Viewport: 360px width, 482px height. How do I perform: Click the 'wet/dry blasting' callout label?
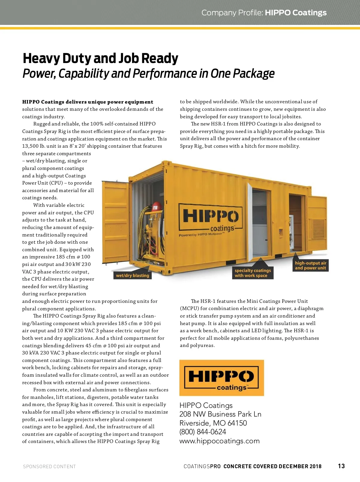(x=132, y=276)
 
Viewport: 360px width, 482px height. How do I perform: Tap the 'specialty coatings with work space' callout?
(x=253, y=273)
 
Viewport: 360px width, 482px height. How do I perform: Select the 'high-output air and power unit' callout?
(x=310, y=265)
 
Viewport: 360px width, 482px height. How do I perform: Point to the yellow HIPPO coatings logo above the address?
(x=221, y=378)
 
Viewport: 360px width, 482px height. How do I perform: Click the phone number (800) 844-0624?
(x=203, y=432)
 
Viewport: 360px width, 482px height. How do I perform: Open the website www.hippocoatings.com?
(x=219, y=441)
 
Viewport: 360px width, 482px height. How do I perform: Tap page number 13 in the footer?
(x=341, y=466)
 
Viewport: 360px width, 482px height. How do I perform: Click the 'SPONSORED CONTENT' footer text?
(x=49, y=466)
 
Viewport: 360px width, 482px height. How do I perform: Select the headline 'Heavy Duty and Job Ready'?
(x=100, y=58)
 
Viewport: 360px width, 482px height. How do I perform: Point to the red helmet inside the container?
(x=156, y=207)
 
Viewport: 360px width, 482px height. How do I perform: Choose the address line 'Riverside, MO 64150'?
(x=213, y=423)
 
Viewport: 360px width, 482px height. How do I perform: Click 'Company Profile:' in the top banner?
(x=232, y=13)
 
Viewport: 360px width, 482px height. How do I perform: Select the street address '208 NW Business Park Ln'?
(x=220, y=414)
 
